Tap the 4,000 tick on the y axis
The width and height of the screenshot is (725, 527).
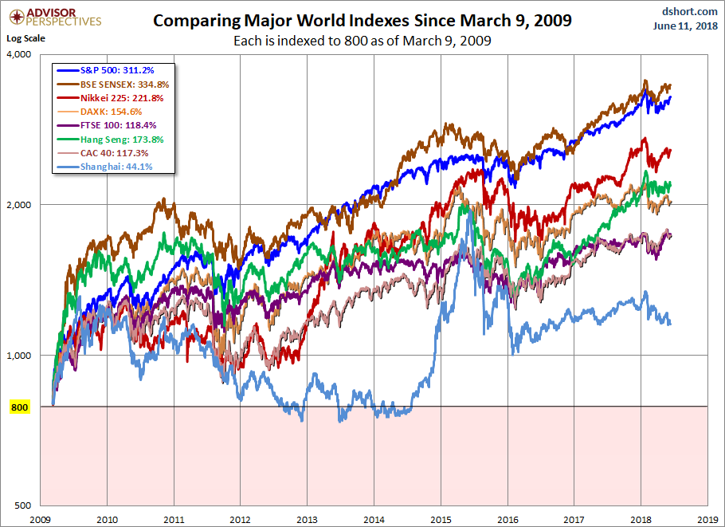pos(18,54)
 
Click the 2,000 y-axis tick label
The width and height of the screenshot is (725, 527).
pos(18,205)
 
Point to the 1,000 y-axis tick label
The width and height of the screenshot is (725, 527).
pos(18,356)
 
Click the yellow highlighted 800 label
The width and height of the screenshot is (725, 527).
pos(19,407)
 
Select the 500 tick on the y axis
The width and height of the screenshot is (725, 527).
pos(22,506)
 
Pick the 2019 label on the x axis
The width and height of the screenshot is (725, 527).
pos(707,518)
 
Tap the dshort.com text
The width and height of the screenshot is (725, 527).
pos(684,11)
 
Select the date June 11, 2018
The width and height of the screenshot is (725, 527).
pos(683,27)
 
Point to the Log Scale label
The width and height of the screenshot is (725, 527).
pos(26,37)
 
